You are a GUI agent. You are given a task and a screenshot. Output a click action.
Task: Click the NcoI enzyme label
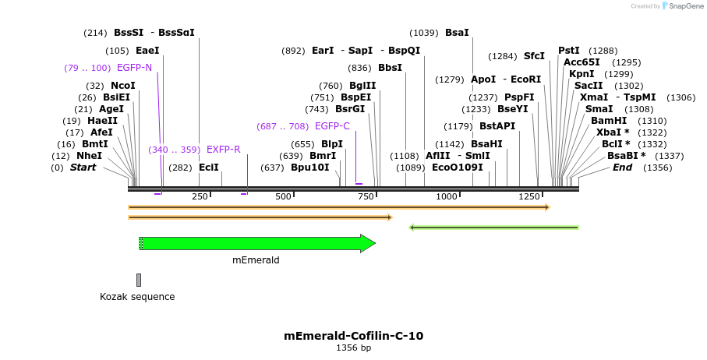click(122, 86)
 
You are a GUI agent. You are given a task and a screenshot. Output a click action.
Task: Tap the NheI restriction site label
click(89, 156)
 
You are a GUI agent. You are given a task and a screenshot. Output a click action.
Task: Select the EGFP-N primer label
click(134, 68)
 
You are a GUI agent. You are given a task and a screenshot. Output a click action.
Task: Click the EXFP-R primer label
click(223, 150)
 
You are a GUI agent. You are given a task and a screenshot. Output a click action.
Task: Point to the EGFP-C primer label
click(332, 126)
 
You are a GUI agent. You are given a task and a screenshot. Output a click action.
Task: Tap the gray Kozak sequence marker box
click(139, 280)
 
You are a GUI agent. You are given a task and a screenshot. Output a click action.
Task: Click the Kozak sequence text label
click(137, 297)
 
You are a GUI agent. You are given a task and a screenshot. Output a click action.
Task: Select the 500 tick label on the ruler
click(283, 196)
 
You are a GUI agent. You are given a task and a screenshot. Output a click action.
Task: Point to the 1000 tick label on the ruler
click(447, 196)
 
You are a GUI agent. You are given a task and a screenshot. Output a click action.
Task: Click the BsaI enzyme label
click(457, 33)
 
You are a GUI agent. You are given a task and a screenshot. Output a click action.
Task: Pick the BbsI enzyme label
click(390, 68)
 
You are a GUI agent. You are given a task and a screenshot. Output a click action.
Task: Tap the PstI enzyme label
click(569, 51)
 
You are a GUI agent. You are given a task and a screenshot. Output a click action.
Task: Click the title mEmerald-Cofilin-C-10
click(353, 336)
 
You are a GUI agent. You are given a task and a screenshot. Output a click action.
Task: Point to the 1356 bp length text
click(353, 348)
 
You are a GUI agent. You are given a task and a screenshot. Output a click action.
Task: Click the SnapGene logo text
click(686, 6)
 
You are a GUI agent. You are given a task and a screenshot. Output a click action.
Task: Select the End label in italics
click(622, 168)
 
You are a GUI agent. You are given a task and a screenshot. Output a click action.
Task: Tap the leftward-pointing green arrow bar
click(494, 228)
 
